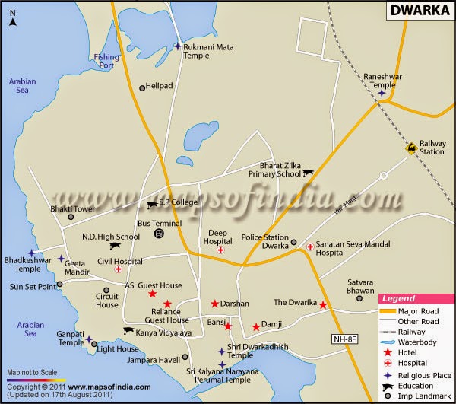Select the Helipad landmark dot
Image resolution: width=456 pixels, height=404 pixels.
[x=141, y=88]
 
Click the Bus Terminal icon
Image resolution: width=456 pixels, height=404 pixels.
[x=158, y=234]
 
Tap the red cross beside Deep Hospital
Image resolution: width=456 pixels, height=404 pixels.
[x=220, y=250]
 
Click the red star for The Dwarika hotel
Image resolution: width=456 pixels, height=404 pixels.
[x=323, y=305]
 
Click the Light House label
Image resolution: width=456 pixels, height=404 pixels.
[x=118, y=349]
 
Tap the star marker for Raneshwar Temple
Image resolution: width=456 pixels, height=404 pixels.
[x=382, y=94]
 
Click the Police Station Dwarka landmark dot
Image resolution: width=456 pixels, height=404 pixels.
[x=293, y=243]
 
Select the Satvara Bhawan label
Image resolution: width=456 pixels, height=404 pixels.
[x=356, y=284]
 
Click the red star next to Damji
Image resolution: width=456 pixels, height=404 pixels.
[x=256, y=327]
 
